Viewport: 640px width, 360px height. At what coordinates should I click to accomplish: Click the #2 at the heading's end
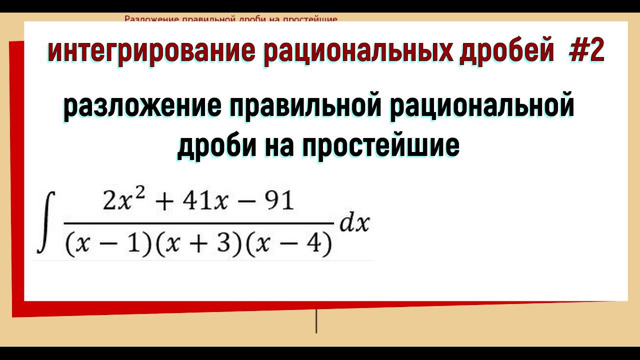[586, 52]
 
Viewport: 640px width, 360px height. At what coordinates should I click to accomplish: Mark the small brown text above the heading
[231, 19]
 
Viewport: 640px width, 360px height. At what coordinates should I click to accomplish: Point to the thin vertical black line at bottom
[316, 321]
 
